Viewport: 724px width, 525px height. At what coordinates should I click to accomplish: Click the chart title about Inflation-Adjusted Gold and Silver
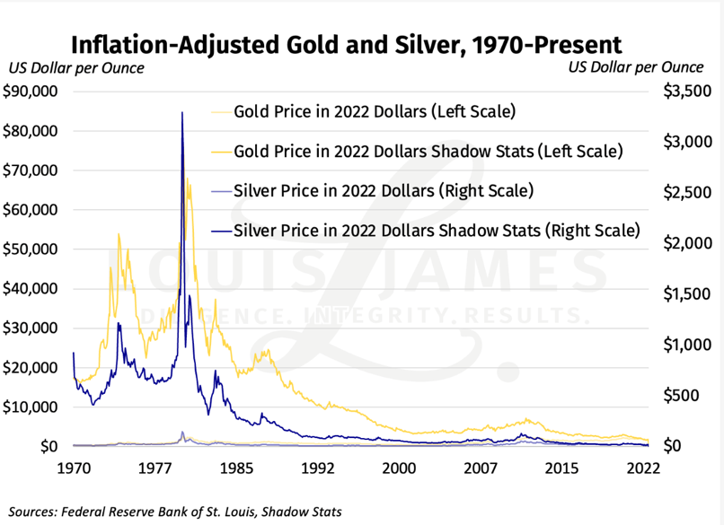pyautogui.click(x=346, y=45)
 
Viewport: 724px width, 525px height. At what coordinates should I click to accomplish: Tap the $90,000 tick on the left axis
pyautogui.click(x=31, y=92)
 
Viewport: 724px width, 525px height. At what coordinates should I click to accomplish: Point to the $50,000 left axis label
pyautogui.click(x=31, y=249)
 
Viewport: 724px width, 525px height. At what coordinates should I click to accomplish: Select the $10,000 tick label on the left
pyautogui.click(x=31, y=407)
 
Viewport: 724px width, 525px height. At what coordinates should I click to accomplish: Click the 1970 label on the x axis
pyautogui.click(x=75, y=468)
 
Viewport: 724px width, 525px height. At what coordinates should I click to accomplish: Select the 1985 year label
pyautogui.click(x=237, y=468)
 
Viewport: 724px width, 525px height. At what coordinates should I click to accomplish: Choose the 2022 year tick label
pyautogui.click(x=644, y=468)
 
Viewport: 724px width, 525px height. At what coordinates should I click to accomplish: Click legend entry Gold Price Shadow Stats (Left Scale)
pyautogui.click(x=427, y=151)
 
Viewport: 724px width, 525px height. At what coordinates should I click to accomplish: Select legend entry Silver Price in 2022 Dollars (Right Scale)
pyautogui.click(x=384, y=190)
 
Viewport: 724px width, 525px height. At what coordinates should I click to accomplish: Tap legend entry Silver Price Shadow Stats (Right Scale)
pyautogui.click(x=436, y=230)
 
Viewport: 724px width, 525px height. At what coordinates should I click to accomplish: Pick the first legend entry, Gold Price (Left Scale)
pyautogui.click(x=374, y=112)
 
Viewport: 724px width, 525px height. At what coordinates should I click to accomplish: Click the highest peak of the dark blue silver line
pyautogui.click(x=182, y=113)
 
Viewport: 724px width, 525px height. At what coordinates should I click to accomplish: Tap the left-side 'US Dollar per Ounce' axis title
pyautogui.click(x=75, y=68)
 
